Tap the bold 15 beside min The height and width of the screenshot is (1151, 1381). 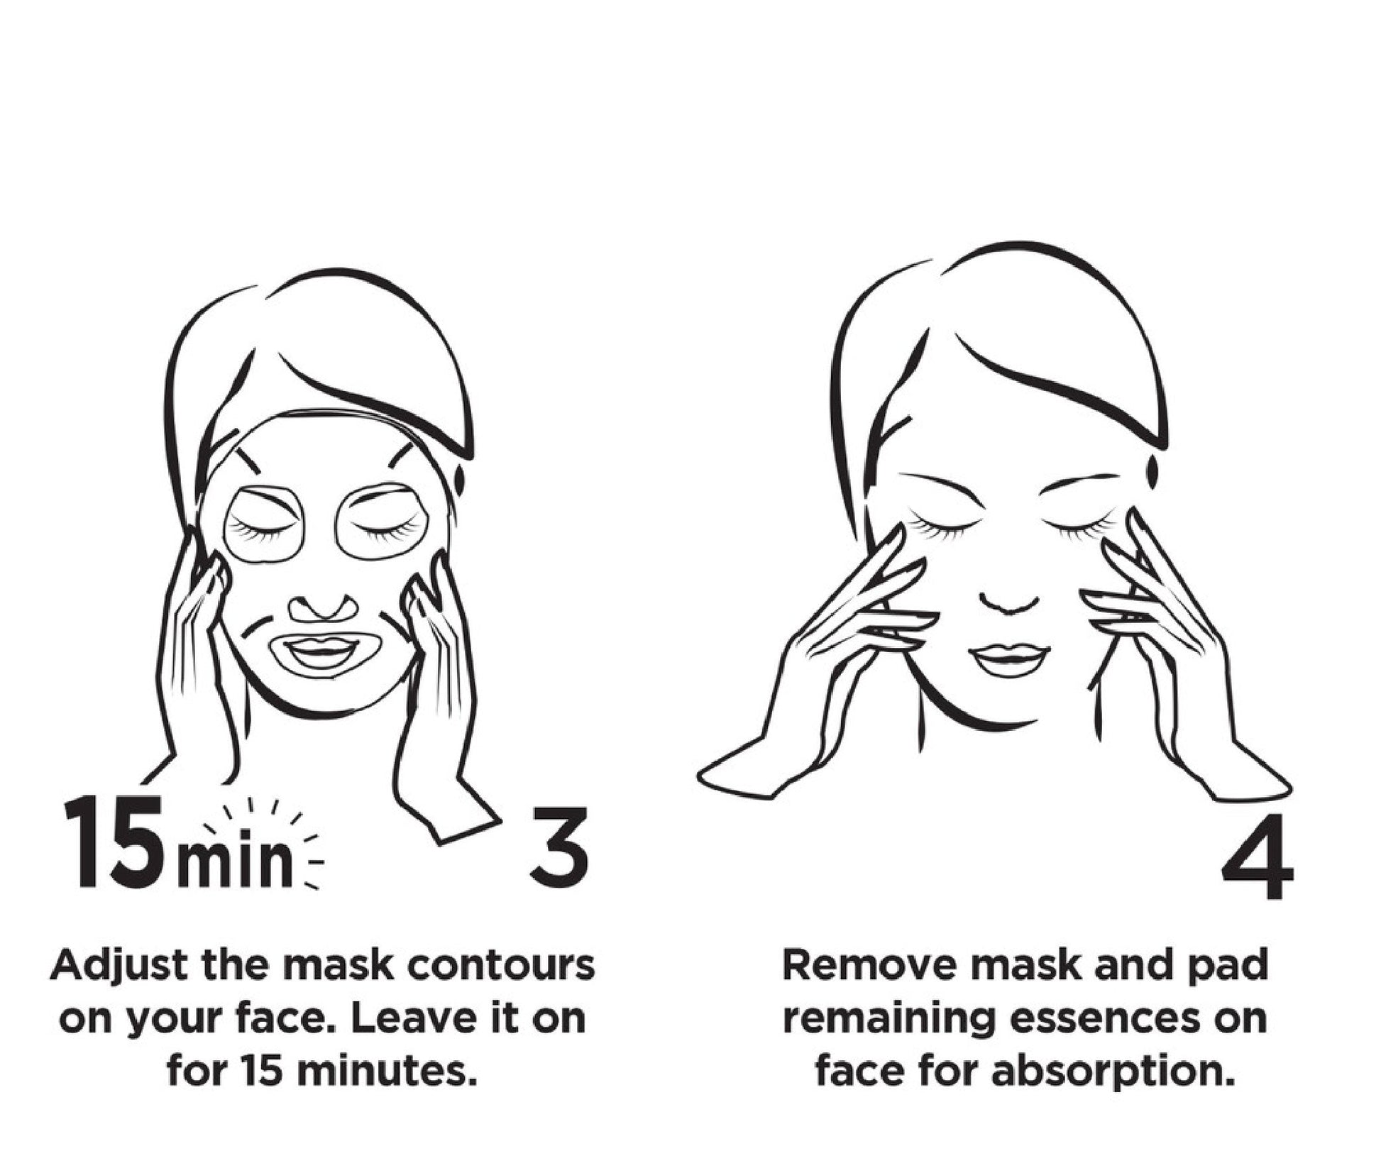tap(119, 842)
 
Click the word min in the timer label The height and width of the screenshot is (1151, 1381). tap(235, 861)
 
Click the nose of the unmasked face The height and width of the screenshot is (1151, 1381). tap(1010, 600)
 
